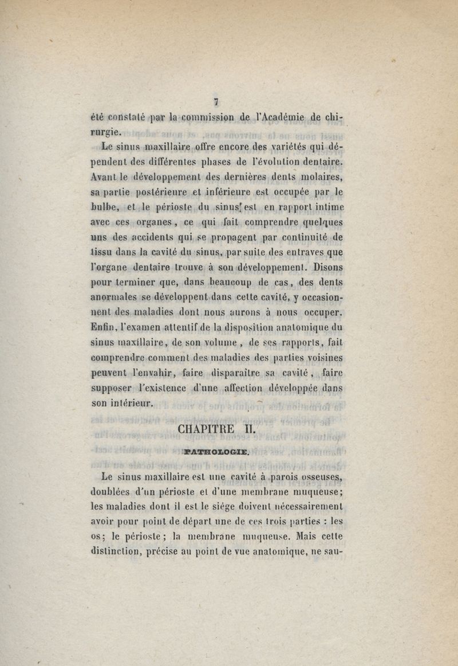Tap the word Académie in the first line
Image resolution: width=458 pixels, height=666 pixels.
pyautogui.click(x=272, y=118)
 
